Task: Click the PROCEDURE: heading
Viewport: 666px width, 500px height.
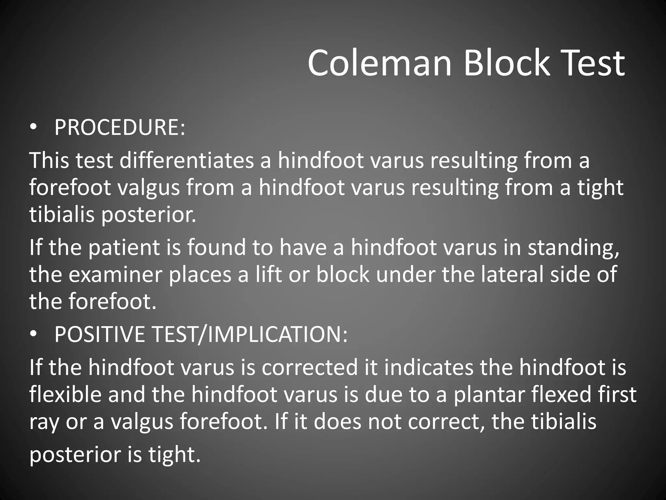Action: (x=120, y=127)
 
